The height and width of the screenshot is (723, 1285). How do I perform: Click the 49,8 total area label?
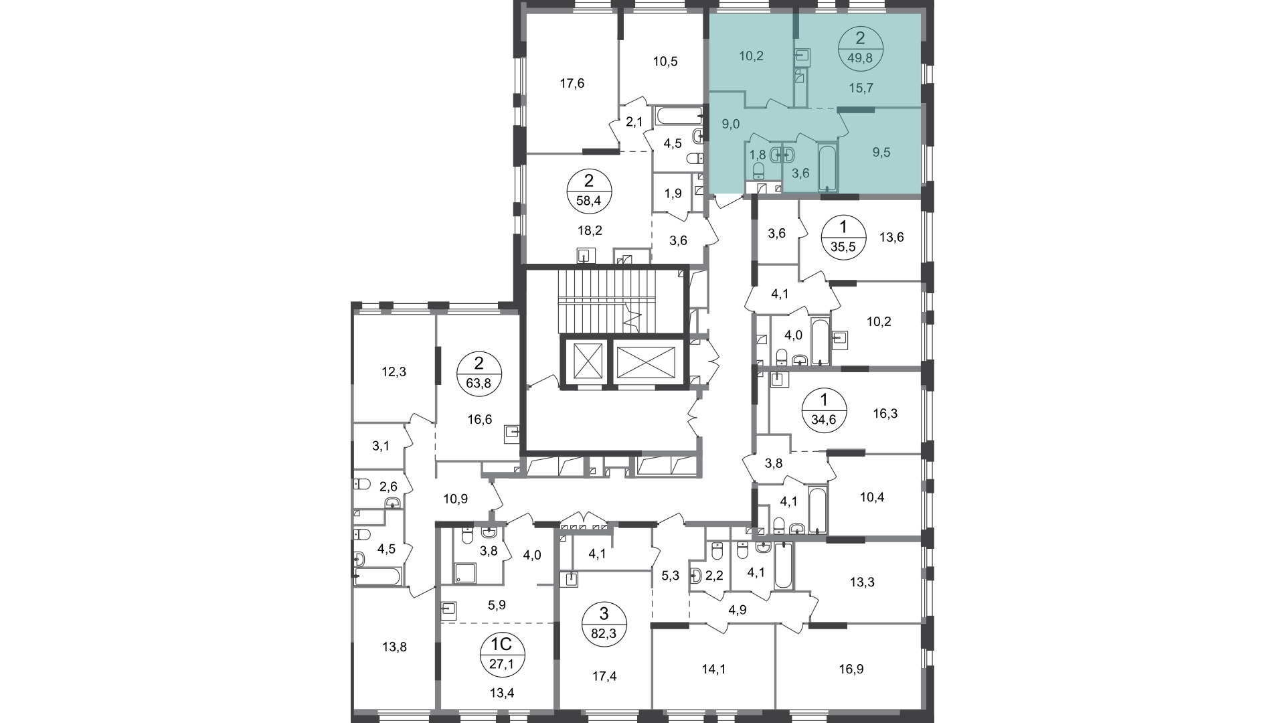pos(861,58)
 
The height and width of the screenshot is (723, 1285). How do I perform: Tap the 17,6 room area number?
pos(572,83)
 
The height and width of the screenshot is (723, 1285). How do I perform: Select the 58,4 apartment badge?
pos(589,191)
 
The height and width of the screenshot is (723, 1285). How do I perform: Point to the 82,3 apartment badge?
pos(604,623)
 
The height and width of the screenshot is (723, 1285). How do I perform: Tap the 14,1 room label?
pos(713,669)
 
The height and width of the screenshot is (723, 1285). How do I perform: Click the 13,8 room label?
pos(394,647)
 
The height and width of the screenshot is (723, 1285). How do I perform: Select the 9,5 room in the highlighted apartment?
pos(881,152)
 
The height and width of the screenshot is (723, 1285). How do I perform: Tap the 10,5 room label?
pos(665,62)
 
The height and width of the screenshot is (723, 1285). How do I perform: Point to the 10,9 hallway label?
pos(456,499)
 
